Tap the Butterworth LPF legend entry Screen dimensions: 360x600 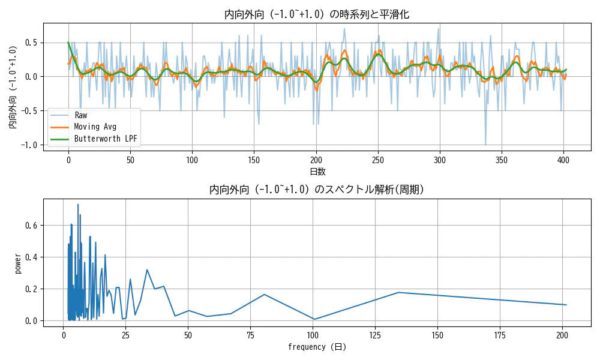click(x=105, y=139)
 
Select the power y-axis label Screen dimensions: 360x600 click(x=18, y=264)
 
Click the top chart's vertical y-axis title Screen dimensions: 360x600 click(x=13, y=88)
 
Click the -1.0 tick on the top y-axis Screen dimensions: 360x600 click(x=31, y=145)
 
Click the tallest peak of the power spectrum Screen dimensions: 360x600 click(x=77, y=204)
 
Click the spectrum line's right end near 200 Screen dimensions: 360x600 click(x=566, y=305)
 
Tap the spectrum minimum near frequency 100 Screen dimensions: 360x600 click(x=314, y=319)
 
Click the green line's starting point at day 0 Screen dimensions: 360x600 click(x=68, y=43)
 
